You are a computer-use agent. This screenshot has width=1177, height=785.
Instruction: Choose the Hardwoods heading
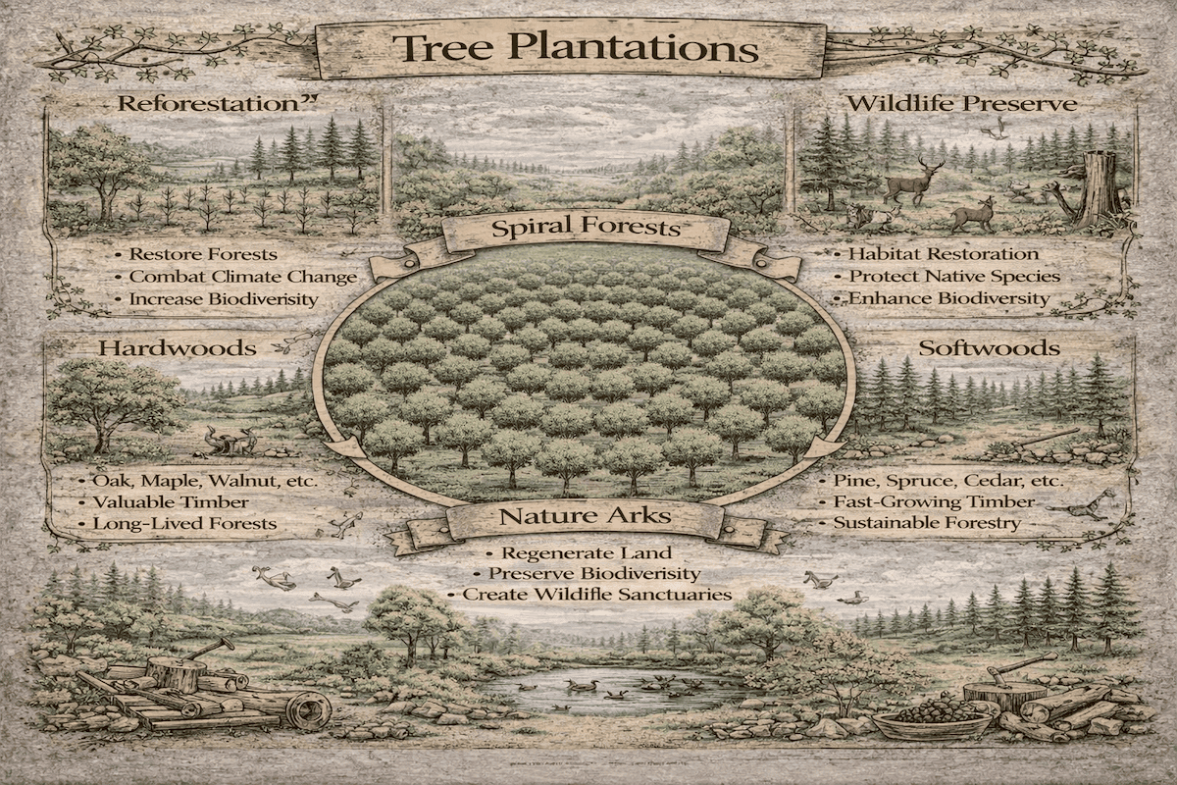(x=177, y=347)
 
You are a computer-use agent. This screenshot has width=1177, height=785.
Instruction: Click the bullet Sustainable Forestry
(x=926, y=524)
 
